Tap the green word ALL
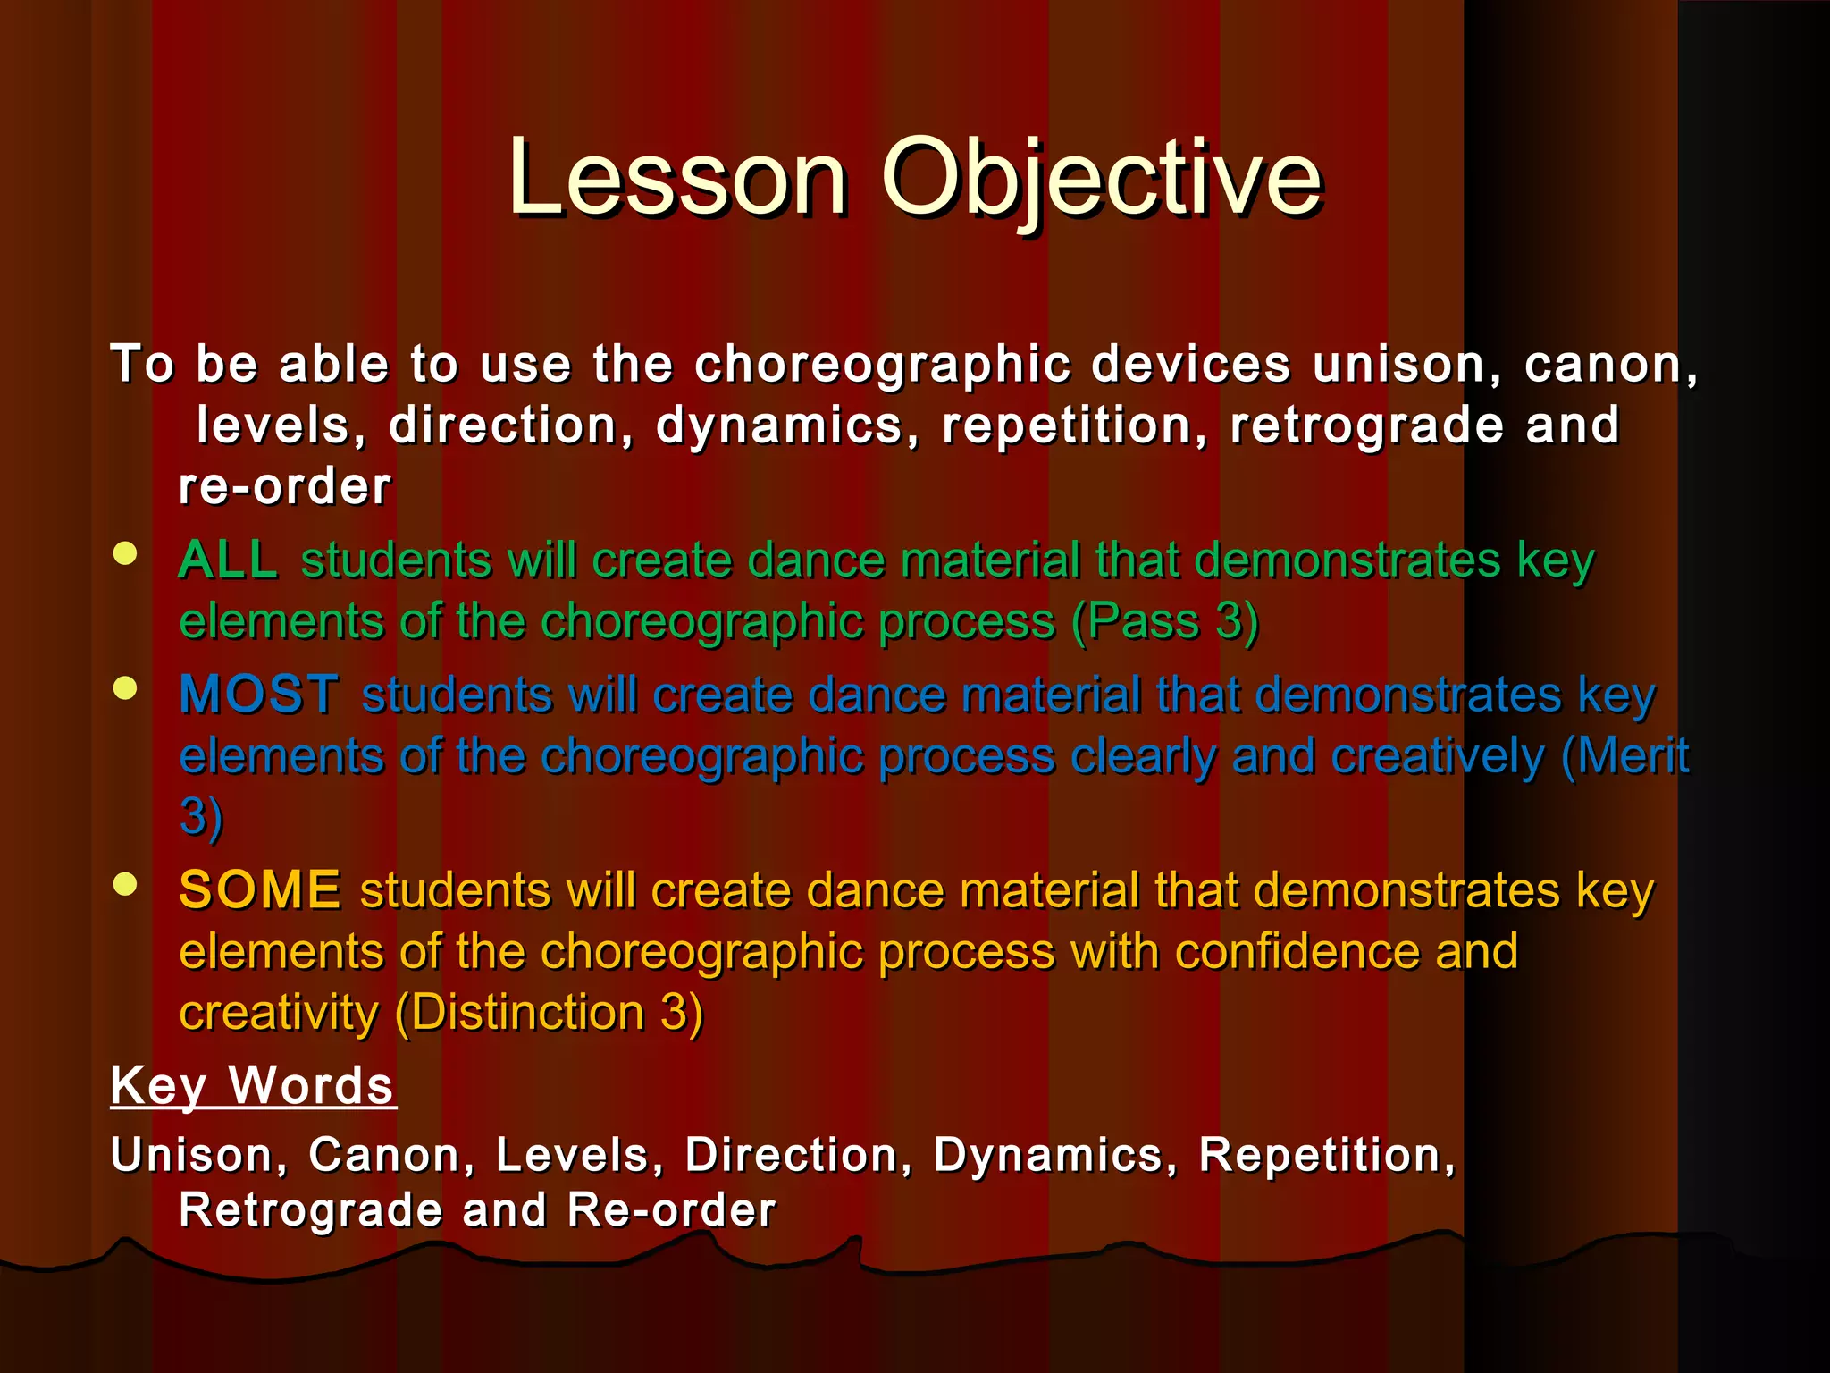229,561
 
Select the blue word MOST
259,695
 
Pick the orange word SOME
259,890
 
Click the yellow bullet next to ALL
126,553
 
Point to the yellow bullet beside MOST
126,687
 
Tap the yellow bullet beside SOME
126,884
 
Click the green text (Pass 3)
1165,621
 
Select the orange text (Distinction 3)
549,1013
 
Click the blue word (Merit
1624,756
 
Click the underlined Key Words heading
253,1086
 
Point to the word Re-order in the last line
671,1210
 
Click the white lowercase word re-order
285,487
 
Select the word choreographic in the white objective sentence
882,365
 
